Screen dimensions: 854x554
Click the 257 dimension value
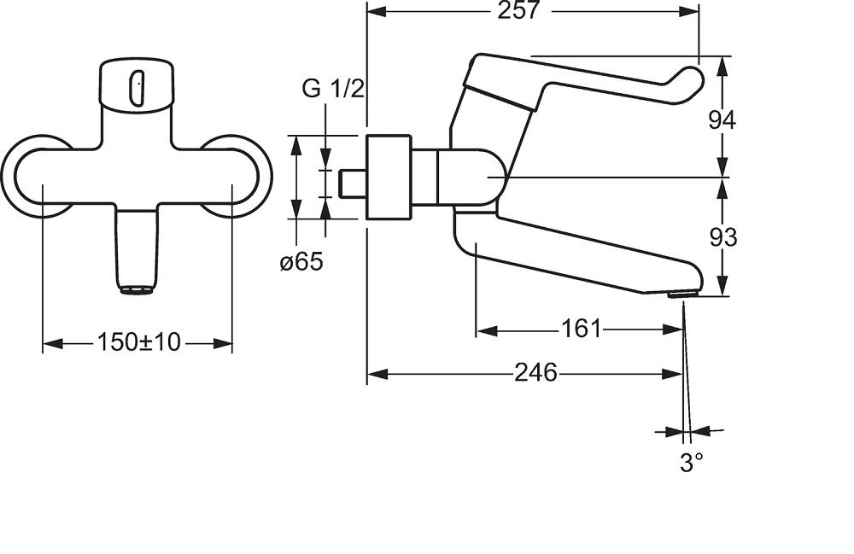click(x=518, y=10)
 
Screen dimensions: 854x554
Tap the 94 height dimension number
click(x=722, y=120)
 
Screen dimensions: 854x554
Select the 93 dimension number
click(x=722, y=237)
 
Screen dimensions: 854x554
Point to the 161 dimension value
click(x=581, y=329)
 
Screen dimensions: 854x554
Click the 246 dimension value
click(x=536, y=373)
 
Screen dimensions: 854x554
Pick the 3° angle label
click(x=691, y=464)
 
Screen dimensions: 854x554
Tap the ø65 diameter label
click(x=301, y=262)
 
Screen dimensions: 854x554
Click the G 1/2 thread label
click(x=333, y=89)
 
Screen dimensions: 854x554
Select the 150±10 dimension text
click(x=138, y=342)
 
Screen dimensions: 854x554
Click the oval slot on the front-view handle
click(x=136, y=88)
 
